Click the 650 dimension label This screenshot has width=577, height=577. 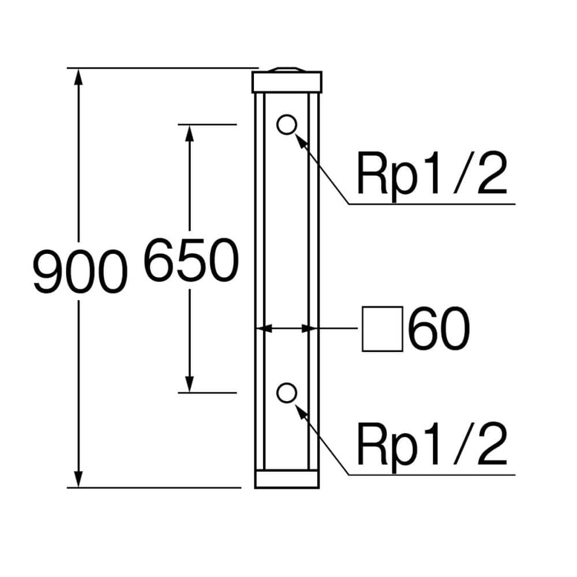coord(191,261)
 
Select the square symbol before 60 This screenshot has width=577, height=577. coord(382,330)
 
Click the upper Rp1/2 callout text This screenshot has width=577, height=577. coord(432,174)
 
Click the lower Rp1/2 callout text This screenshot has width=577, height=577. coord(432,444)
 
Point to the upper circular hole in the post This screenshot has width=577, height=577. coord(286,124)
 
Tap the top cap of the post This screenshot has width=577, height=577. coord(287,82)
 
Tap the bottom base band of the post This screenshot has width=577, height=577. coord(287,479)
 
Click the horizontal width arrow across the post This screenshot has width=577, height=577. coord(287,329)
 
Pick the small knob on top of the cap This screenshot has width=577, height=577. coord(287,69)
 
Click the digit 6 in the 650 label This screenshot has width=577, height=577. coord(159,261)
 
